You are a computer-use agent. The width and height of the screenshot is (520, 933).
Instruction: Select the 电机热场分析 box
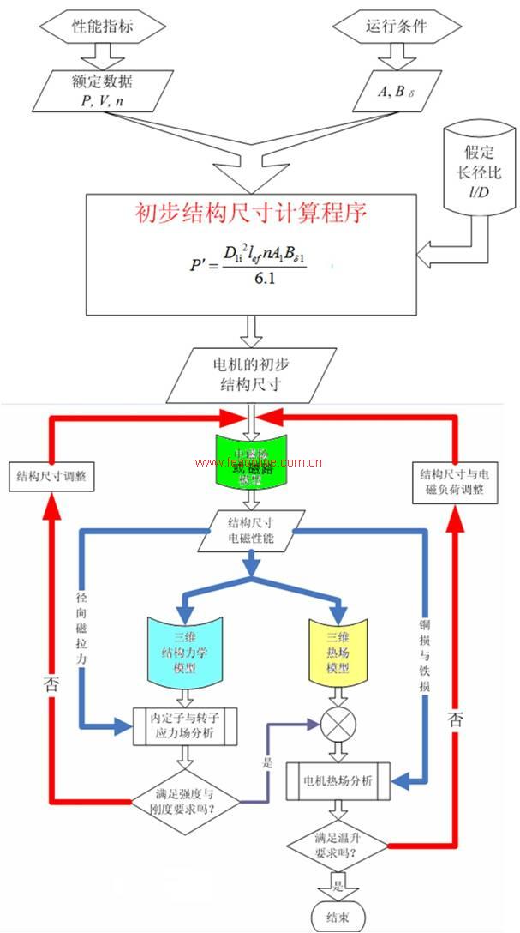338,781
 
